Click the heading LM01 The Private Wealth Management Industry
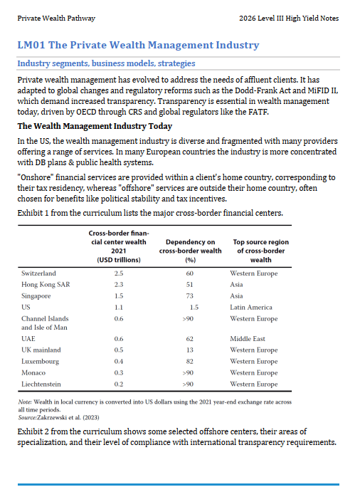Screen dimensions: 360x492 138,45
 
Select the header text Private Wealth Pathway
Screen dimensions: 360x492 56,19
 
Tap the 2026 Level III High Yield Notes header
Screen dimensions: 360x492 289,19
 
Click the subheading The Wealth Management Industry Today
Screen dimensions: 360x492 95,126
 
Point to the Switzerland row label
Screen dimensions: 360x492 38,273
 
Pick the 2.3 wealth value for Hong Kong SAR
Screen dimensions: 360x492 119,285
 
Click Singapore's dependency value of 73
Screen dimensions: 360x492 189,296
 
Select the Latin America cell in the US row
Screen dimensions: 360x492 251,307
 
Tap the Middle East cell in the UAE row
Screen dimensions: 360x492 248,339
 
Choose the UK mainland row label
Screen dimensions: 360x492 41,350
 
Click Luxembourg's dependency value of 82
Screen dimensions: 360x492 189,362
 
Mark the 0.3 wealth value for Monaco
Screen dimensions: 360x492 119,373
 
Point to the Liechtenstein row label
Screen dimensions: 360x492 41,384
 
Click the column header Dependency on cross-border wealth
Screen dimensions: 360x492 191,251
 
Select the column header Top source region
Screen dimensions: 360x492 261,251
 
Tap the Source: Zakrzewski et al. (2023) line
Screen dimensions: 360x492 58,418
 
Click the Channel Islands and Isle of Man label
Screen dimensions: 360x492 45,323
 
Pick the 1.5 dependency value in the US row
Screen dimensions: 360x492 194,307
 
